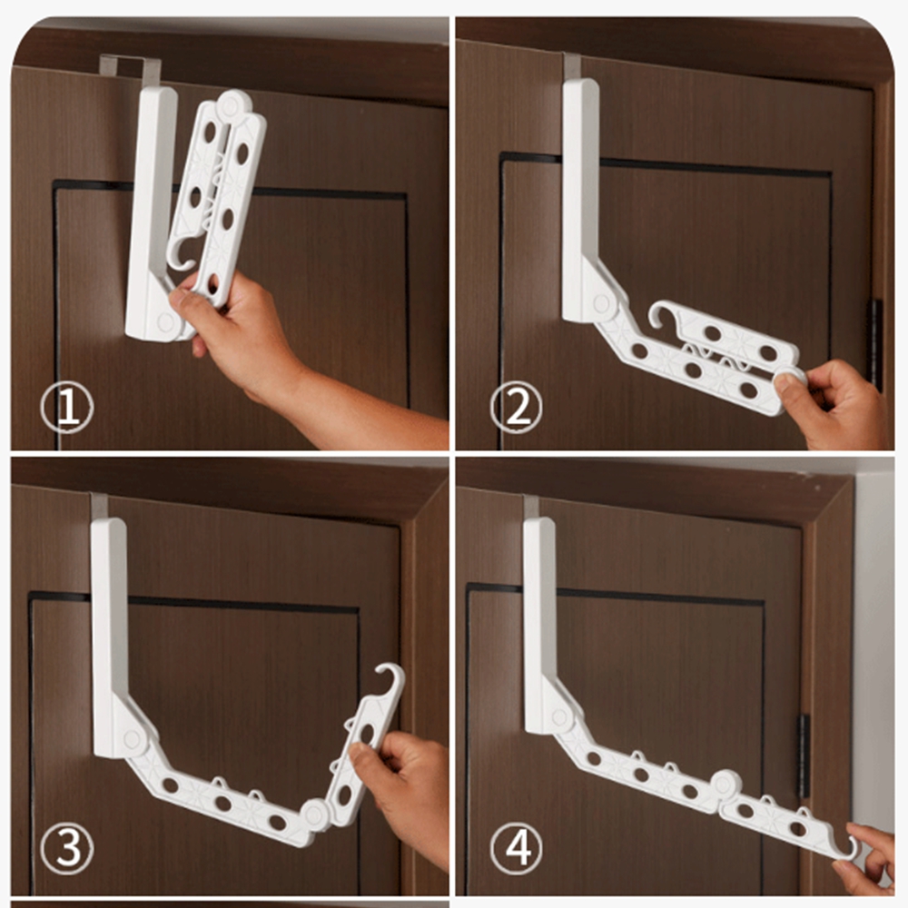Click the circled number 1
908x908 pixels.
pos(67,407)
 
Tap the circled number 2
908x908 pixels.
pos(517,407)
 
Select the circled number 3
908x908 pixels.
pos(67,848)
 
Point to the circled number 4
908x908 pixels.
pos(517,848)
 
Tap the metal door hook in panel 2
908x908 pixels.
pos(572,66)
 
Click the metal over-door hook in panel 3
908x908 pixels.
pos(99,507)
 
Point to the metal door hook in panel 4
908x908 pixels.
pos(531,508)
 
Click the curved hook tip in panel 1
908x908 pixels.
pos(183,257)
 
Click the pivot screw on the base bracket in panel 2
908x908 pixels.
pos(600,303)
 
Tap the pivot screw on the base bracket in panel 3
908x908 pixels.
pos(132,739)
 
